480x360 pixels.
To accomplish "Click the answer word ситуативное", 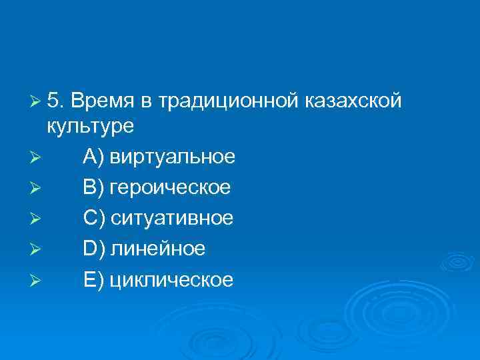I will pyautogui.click(x=171, y=218).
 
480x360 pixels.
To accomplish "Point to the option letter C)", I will pyautogui.click(x=94, y=218).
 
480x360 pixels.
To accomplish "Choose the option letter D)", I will pyautogui.click(x=94, y=249).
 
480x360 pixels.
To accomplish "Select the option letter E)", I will pyautogui.click(x=93, y=279).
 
